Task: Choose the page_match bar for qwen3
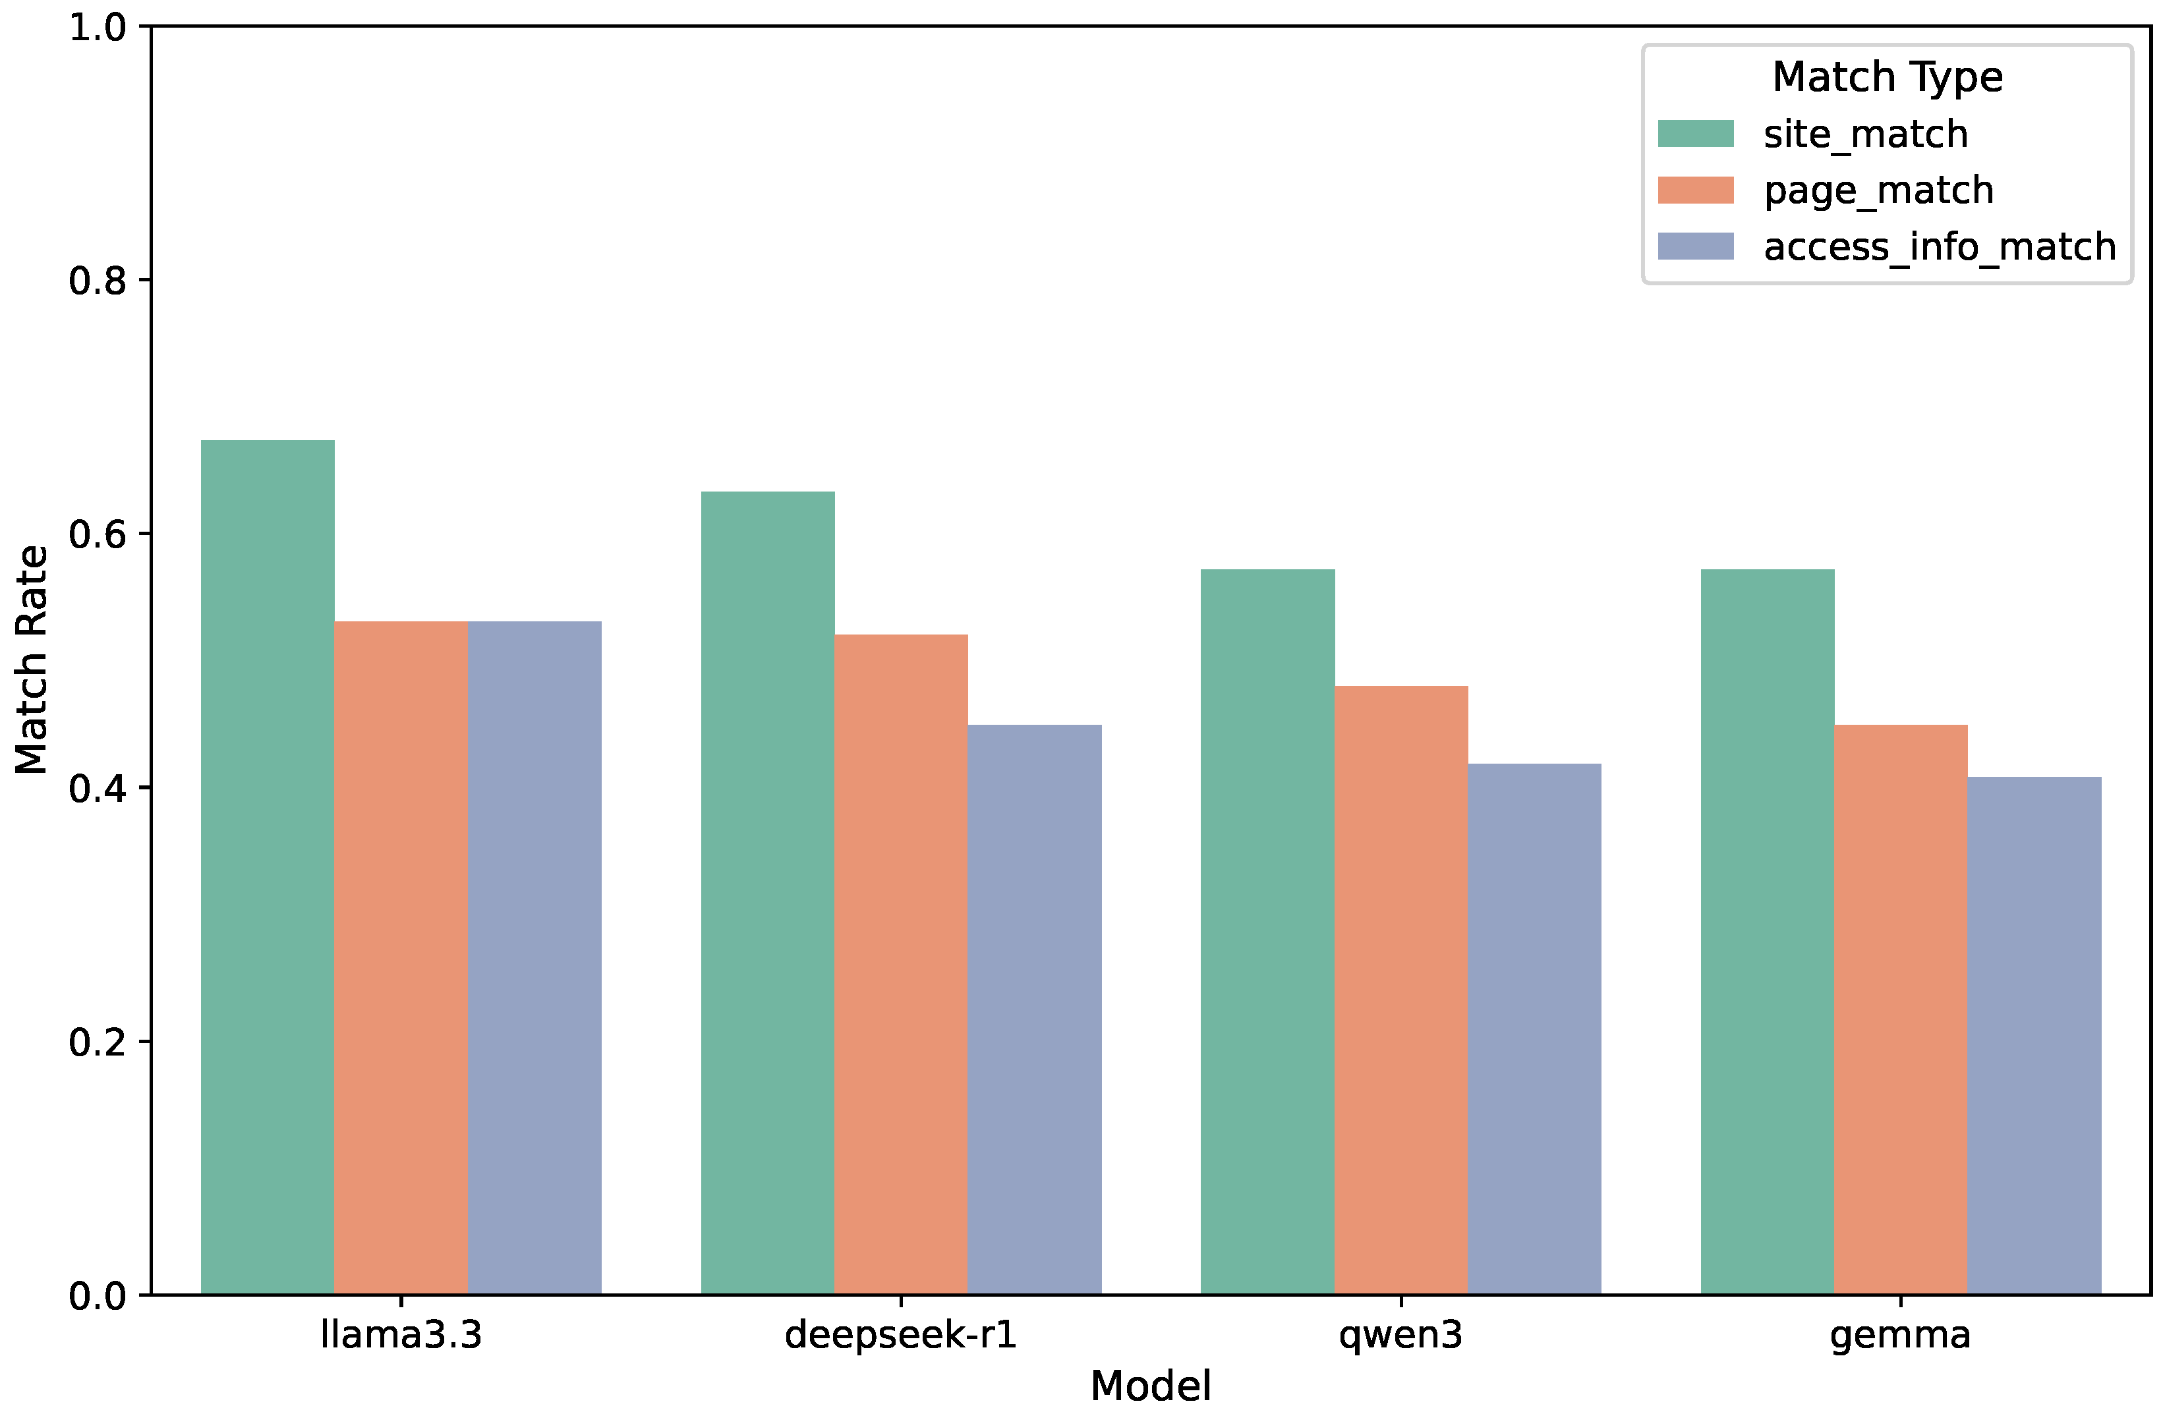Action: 1400,990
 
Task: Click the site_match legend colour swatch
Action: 1695,134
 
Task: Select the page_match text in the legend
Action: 1878,191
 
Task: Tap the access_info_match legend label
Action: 1940,247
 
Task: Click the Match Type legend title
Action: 1887,76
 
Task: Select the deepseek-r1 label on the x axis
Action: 901,1335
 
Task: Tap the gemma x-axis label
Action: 1900,1335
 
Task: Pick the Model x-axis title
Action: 1151,1386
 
